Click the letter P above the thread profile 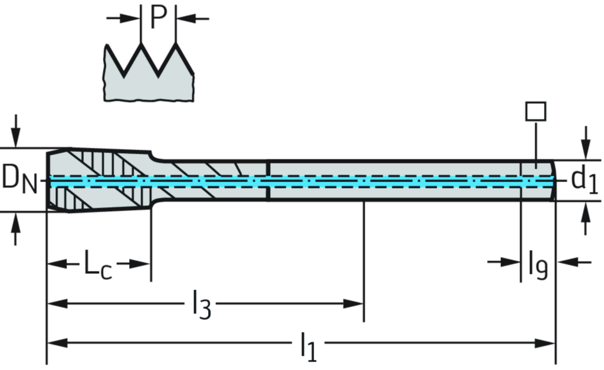click(x=158, y=18)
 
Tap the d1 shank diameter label click(x=584, y=179)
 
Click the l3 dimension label click(x=200, y=302)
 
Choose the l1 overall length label click(x=308, y=345)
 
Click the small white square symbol click(x=536, y=111)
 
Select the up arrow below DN click(x=17, y=230)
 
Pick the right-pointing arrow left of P click(x=124, y=18)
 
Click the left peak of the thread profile click(x=142, y=44)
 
